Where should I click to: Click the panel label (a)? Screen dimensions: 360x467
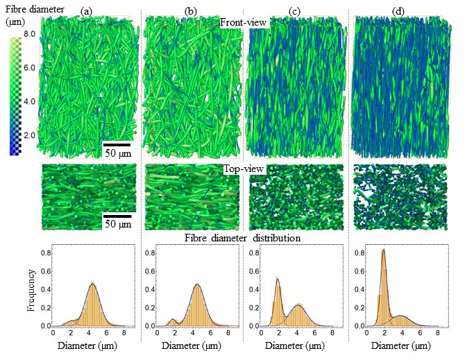[x=86, y=10]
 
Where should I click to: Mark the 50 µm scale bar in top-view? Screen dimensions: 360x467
[x=119, y=217]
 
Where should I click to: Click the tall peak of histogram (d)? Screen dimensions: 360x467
[x=383, y=252]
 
